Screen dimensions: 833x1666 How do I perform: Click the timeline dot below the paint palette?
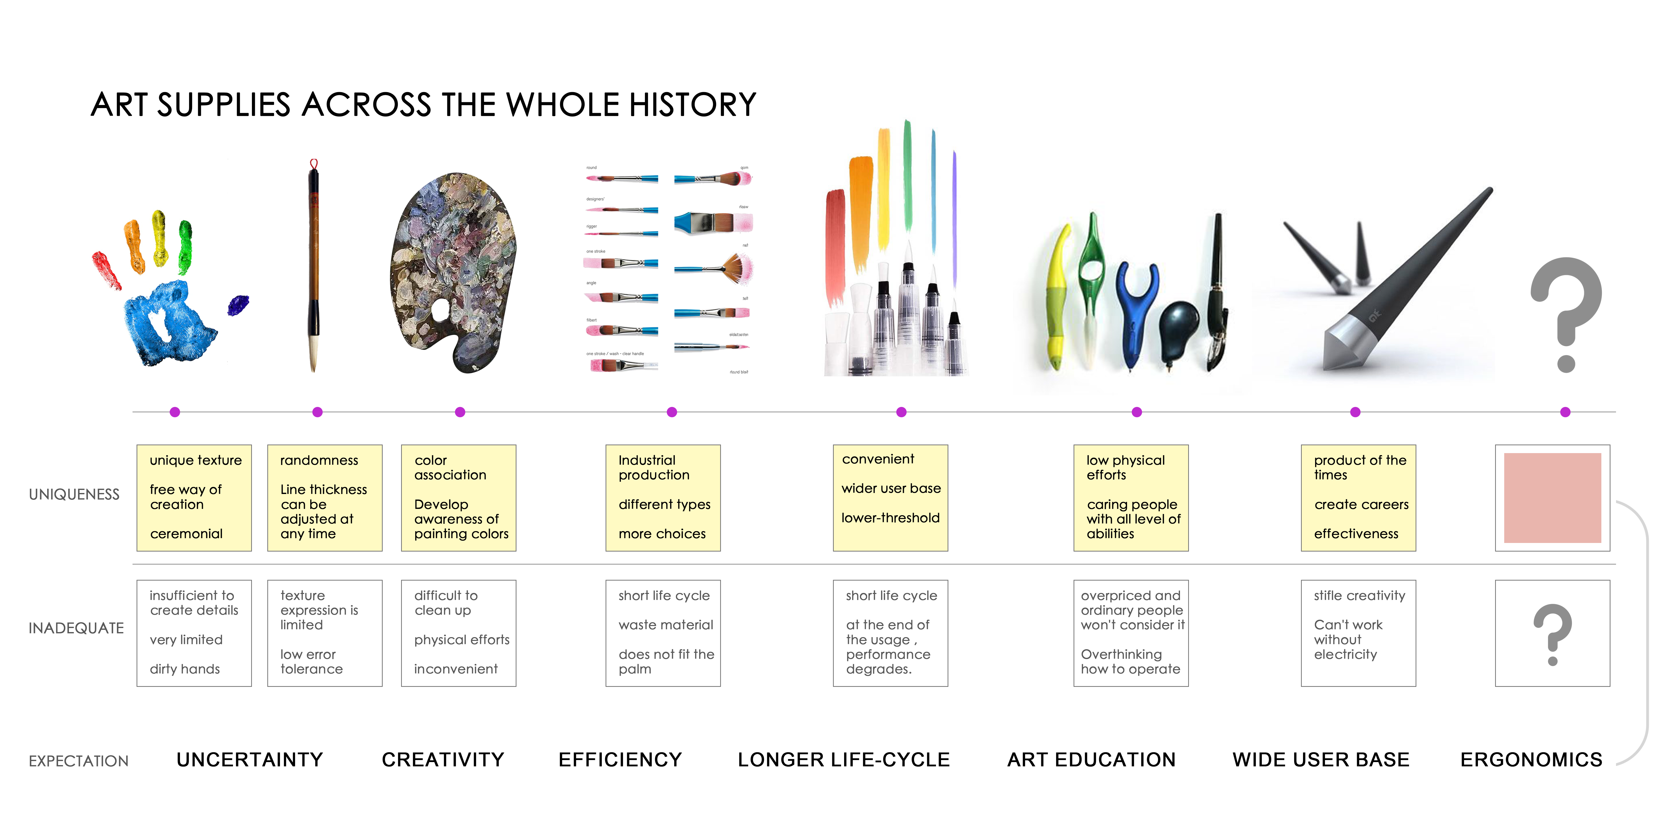point(460,412)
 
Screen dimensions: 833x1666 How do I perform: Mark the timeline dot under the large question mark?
point(1565,412)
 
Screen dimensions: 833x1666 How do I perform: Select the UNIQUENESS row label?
point(74,495)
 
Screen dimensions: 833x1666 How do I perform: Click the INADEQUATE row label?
point(76,628)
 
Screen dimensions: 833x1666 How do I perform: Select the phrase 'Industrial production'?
point(654,467)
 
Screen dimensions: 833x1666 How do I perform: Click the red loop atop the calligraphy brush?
point(314,164)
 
